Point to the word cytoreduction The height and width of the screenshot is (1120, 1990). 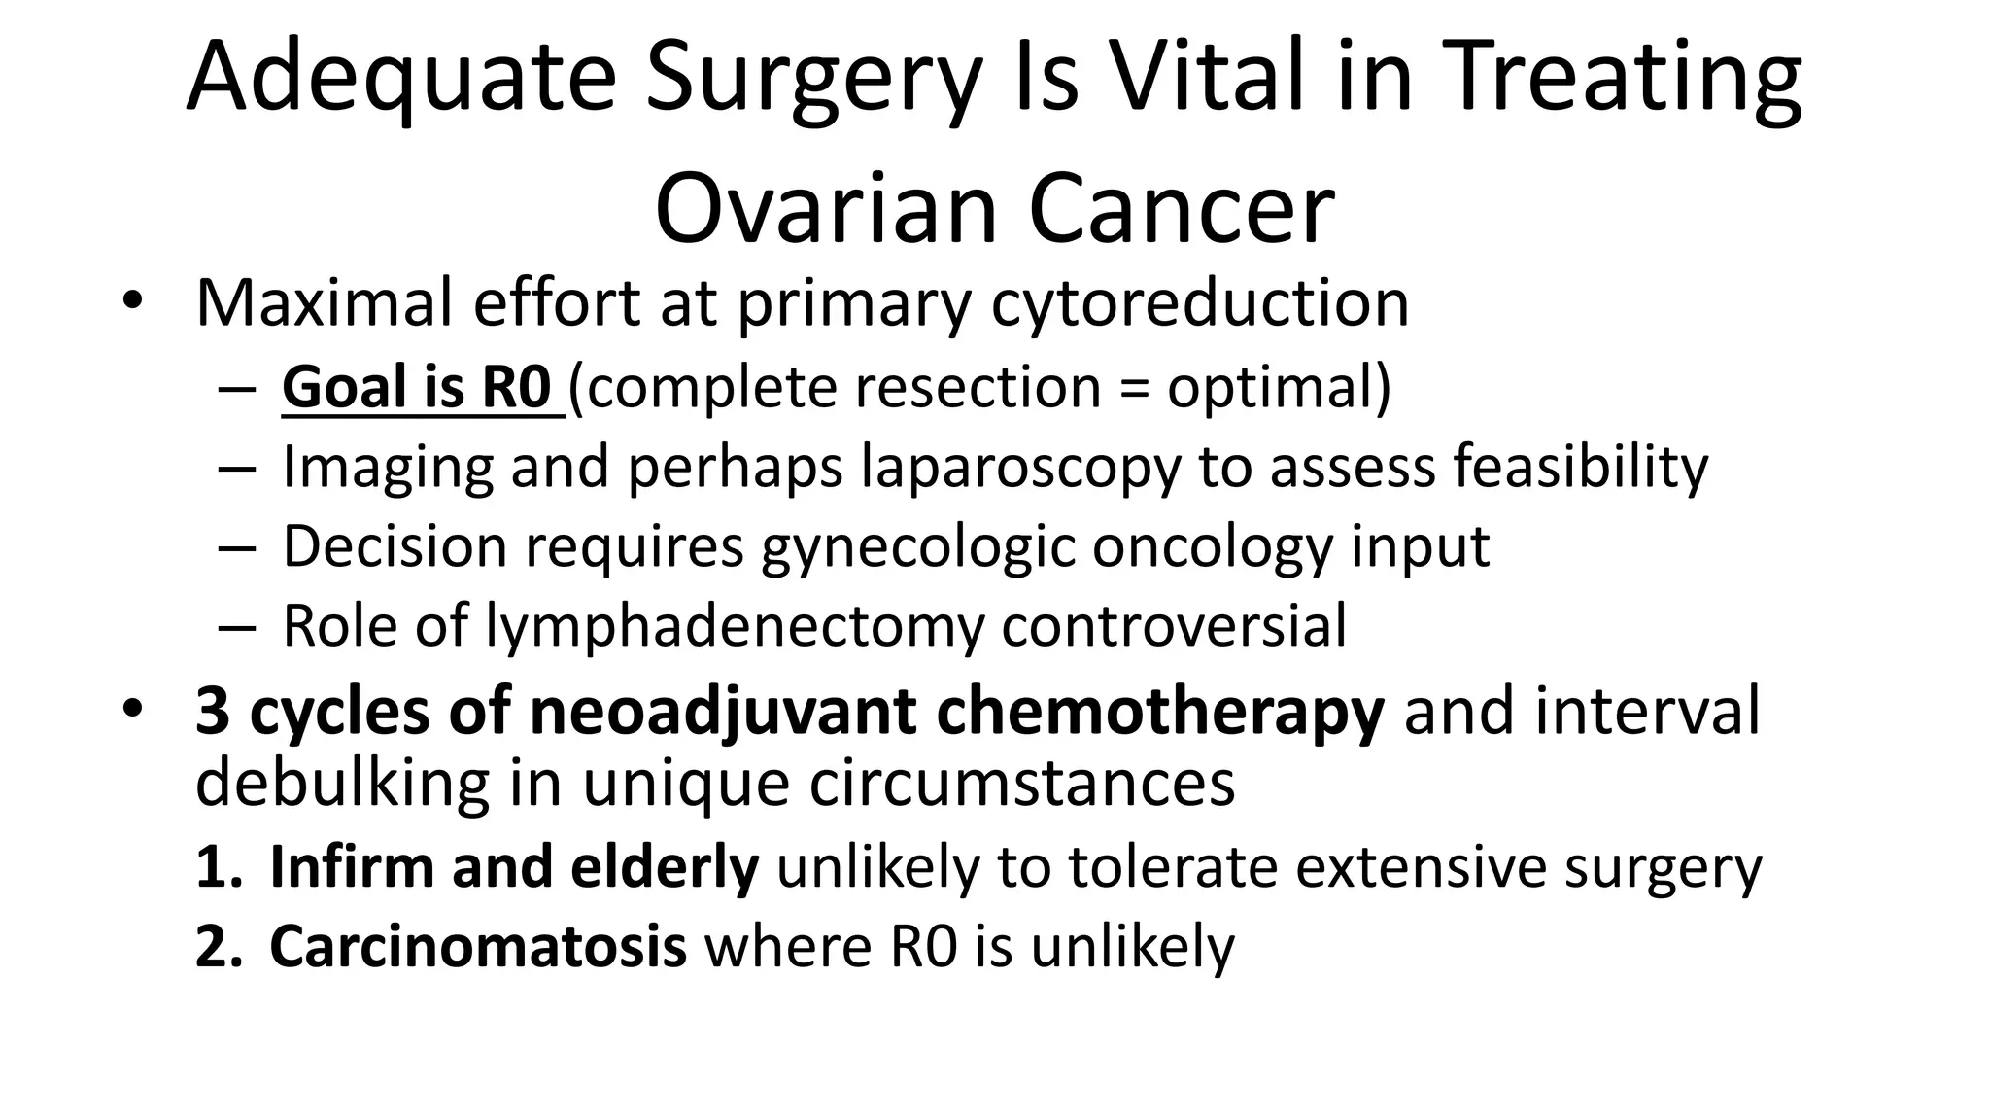click(1200, 303)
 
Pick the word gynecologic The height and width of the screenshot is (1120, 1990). click(918, 547)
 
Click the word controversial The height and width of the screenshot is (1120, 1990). click(1174, 625)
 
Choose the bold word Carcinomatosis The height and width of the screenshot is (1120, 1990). click(478, 946)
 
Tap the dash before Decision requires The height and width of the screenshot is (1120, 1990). click(236, 547)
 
